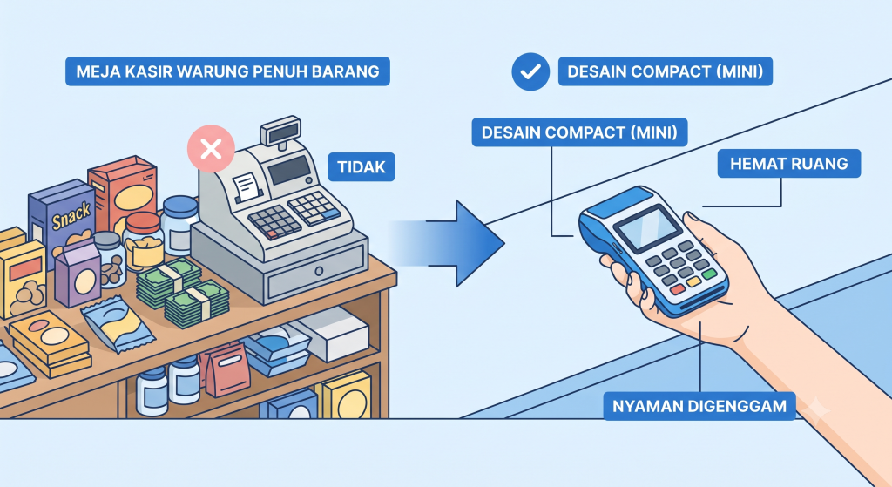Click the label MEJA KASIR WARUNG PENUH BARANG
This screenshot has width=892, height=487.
[x=227, y=71]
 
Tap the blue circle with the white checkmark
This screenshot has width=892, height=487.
[x=530, y=71]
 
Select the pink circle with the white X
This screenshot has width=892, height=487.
[x=211, y=149]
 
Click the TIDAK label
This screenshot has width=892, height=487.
[x=362, y=167]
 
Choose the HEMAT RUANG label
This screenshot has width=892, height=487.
[x=788, y=164]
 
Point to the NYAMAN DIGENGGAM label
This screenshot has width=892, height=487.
[x=699, y=406]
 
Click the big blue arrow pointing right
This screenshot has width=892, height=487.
[x=449, y=244]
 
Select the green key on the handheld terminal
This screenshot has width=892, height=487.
[x=709, y=274]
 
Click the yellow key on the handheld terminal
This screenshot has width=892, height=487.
[x=693, y=281]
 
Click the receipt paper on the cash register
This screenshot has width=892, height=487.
[x=246, y=186]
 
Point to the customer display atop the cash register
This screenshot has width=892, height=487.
[x=280, y=130]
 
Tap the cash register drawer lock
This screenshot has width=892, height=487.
[x=319, y=270]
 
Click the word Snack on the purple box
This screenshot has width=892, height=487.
[x=71, y=216]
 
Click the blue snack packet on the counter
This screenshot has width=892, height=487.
[x=118, y=324]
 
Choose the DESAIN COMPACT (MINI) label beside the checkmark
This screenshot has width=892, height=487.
[x=665, y=71]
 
